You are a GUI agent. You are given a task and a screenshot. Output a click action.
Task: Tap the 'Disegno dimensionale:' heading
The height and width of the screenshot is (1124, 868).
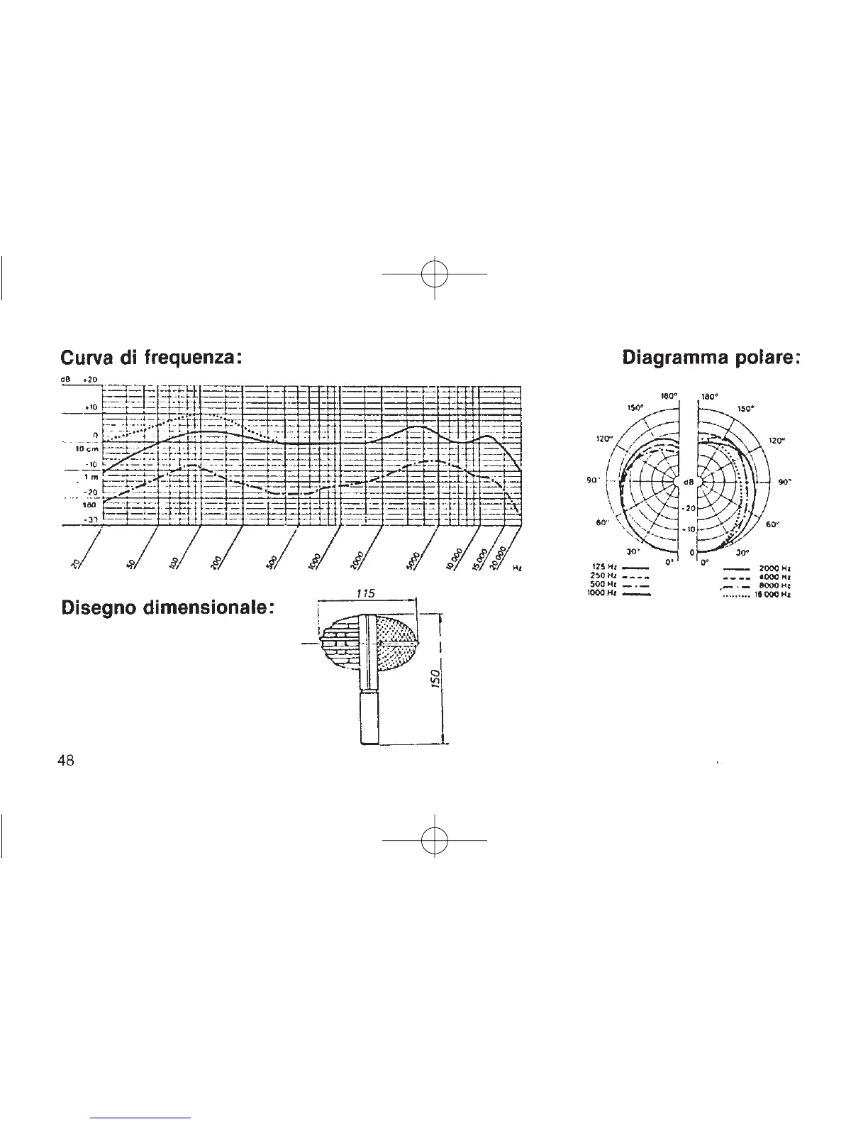167,608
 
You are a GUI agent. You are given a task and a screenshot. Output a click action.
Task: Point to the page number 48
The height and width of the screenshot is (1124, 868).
66,760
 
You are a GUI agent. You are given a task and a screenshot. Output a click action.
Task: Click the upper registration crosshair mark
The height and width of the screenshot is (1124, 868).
434,274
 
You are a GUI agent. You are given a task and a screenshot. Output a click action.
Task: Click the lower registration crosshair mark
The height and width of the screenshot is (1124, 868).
434,840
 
